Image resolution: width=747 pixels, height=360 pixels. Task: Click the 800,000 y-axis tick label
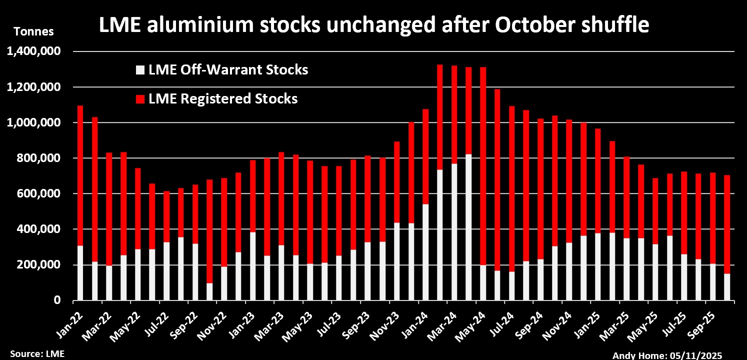click(42, 158)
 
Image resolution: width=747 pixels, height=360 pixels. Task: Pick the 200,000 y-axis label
click(42, 265)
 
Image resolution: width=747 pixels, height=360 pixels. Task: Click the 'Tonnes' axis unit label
click(33, 32)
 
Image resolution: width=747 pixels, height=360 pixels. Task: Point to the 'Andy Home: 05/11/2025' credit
click(667, 355)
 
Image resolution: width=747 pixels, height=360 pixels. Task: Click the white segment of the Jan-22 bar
click(80, 272)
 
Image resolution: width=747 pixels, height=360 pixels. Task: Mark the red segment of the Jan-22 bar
click(80, 175)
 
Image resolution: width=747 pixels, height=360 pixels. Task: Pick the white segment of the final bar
click(727, 287)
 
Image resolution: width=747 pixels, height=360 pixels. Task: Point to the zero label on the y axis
click(58, 300)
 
